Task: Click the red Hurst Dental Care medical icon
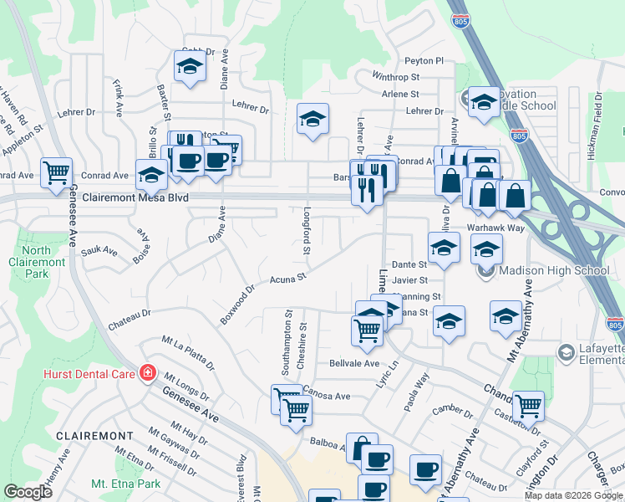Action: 148,372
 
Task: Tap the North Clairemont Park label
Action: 43,262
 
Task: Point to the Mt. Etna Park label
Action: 125,484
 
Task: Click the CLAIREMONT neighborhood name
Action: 94,436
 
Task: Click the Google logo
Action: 28,492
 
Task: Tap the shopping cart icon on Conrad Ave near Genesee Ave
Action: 57,173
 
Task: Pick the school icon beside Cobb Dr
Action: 190,66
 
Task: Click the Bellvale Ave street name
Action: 354,364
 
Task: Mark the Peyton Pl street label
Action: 424,61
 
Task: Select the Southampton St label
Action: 286,344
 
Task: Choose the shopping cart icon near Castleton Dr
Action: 528,407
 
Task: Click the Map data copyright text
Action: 573,495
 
